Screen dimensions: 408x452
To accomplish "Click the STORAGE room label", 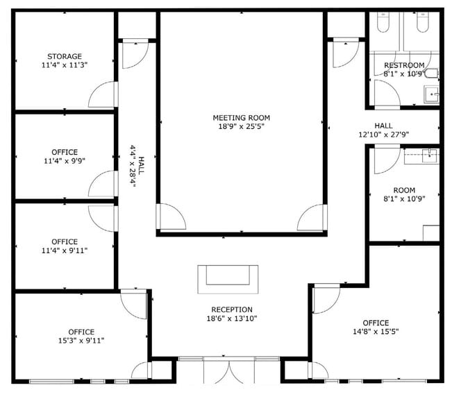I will (x=64, y=56).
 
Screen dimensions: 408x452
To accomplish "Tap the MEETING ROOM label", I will (x=241, y=118).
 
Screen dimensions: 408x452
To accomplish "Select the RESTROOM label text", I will (x=403, y=65).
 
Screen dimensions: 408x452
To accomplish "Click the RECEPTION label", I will (x=232, y=309).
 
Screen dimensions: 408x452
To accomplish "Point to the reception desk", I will (x=227, y=279).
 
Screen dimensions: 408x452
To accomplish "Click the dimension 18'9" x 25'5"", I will (x=241, y=127).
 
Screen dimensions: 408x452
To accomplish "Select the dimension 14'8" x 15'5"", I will (x=376, y=332).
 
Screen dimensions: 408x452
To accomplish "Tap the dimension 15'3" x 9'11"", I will (x=81, y=341).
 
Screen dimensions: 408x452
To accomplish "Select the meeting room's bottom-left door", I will (x=171, y=217).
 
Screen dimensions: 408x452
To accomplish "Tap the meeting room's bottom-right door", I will (x=312, y=217).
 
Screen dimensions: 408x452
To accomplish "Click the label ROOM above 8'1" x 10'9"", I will (x=403, y=190).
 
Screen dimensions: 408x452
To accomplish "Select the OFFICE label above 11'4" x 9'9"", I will (x=64, y=152).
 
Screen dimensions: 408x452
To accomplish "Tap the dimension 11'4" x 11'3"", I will (x=64, y=65).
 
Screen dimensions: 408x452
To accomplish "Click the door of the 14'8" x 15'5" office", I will (x=325, y=298).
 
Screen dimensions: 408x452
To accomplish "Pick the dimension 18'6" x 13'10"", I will (x=232, y=318).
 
